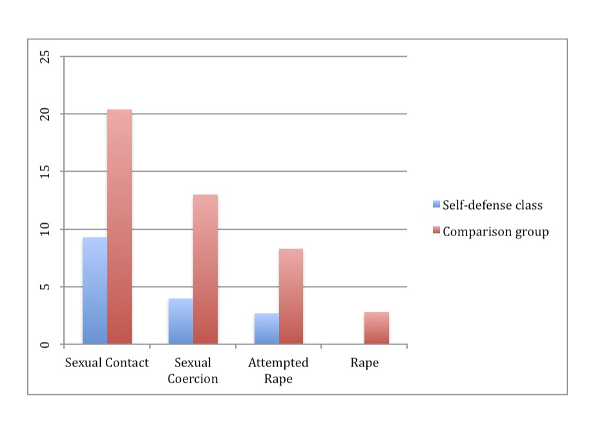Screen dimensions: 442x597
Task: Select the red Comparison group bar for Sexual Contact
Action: click(x=120, y=226)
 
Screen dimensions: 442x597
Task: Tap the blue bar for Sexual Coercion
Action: click(x=180, y=321)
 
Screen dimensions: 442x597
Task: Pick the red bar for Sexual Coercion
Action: click(x=205, y=269)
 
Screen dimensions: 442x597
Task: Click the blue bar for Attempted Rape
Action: click(x=266, y=328)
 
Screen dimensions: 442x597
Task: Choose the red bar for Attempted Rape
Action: click(x=291, y=296)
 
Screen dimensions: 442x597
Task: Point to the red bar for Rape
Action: click(x=377, y=328)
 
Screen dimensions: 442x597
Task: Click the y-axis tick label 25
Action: click(x=45, y=57)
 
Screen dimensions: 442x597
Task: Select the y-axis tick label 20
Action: click(x=45, y=114)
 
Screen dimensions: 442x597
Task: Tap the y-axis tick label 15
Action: click(x=45, y=172)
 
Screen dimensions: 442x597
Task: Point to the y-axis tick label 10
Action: click(x=45, y=229)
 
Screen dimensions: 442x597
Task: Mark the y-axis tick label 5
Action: click(x=45, y=286)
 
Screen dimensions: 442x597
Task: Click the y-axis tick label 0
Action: click(x=45, y=344)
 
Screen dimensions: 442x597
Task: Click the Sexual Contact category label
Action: click(x=107, y=363)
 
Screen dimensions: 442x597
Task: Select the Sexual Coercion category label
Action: click(x=193, y=370)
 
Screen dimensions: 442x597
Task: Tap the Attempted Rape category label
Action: click(x=278, y=370)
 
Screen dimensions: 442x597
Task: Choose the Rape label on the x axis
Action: click(x=364, y=363)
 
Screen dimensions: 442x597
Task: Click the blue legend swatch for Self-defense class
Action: click(x=436, y=205)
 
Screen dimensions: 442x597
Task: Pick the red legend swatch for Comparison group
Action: click(x=436, y=231)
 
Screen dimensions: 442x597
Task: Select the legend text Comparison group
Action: click(x=496, y=231)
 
